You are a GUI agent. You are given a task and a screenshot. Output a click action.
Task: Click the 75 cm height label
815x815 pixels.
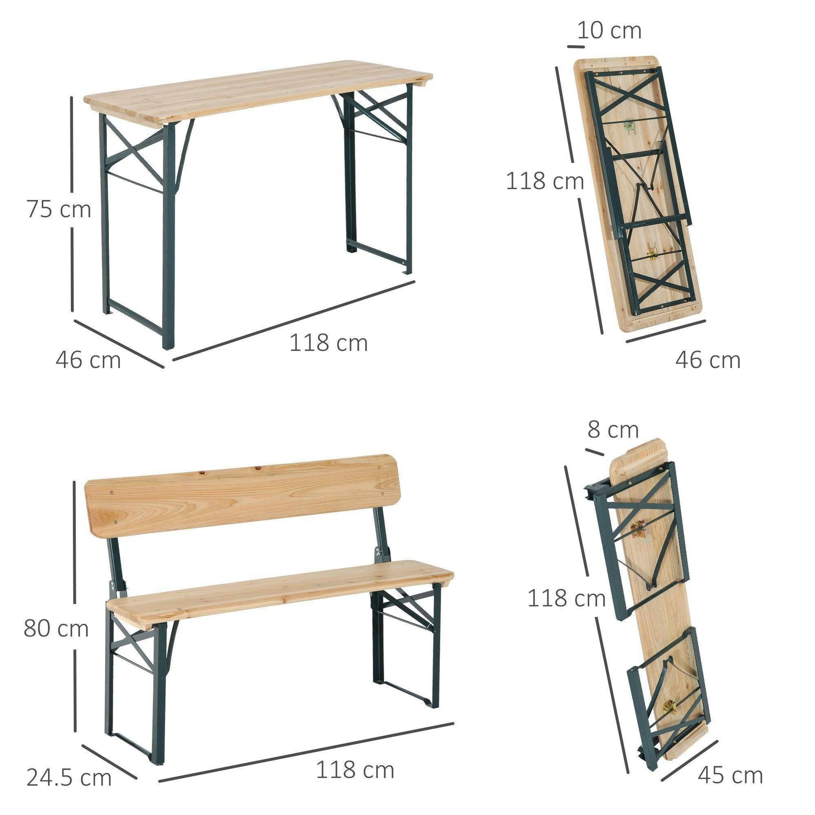(59, 209)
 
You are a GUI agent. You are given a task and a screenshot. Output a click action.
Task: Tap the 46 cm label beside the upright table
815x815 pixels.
(88, 360)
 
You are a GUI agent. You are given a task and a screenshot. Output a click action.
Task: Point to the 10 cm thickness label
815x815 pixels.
(609, 31)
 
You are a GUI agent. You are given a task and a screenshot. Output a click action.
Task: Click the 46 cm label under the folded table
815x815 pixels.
(707, 360)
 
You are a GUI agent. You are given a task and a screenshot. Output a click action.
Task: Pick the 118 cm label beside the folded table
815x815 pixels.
(544, 181)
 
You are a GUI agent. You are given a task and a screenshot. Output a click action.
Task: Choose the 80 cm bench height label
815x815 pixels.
(56, 628)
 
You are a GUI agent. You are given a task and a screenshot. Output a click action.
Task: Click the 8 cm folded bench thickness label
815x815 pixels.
(613, 430)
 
